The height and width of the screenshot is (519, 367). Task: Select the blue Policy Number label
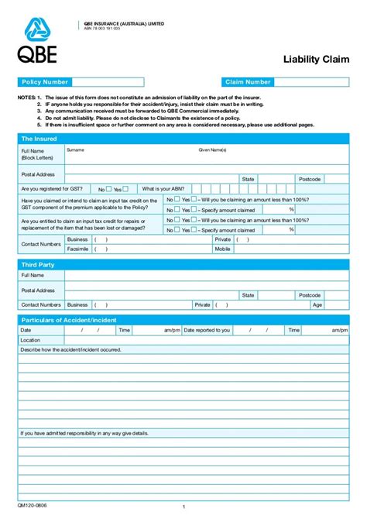click(x=46, y=82)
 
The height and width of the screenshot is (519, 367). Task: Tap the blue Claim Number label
click(x=248, y=82)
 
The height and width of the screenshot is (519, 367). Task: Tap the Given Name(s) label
click(x=212, y=150)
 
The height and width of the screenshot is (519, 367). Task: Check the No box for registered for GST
click(x=109, y=188)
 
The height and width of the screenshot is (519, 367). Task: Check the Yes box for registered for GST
click(x=126, y=188)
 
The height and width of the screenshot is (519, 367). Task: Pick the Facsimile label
click(x=77, y=249)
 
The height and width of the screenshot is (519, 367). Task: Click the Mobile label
click(x=223, y=249)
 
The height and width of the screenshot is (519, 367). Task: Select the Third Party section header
click(x=37, y=265)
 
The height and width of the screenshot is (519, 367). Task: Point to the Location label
click(x=30, y=340)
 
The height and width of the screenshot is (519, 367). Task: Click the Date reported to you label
click(x=207, y=330)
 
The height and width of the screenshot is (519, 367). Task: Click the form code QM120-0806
click(x=32, y=504)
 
